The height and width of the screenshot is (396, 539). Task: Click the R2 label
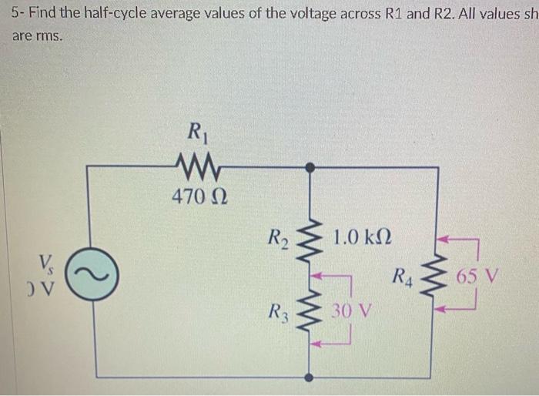coord(279,233)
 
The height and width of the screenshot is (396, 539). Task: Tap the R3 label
coord(280,314)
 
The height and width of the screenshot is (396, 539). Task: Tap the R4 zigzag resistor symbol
coord(438,274)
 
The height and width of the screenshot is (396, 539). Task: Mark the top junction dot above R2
coord(310,166)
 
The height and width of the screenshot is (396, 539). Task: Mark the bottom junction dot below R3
coord(310,377)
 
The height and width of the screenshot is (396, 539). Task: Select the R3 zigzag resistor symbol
coord(310,312)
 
